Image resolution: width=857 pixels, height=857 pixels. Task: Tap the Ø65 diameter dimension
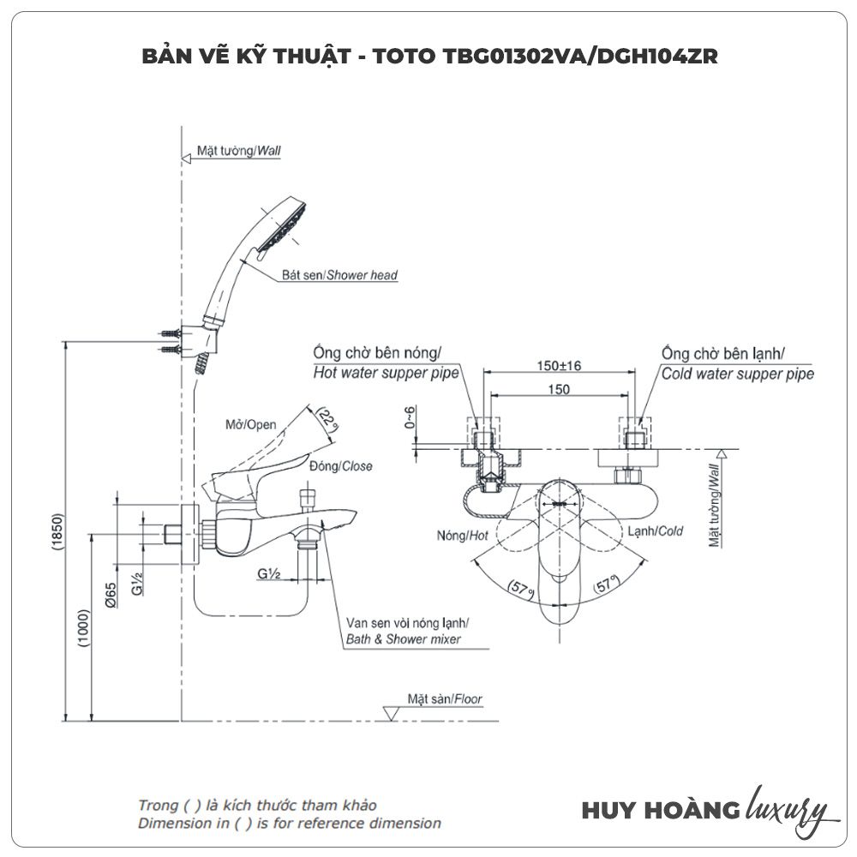[x=111, y=590]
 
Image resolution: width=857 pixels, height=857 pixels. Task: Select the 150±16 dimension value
[x=559, y=365]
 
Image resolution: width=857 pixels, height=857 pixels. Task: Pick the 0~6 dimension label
[x=411, y=417]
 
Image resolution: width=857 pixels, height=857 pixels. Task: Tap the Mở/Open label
[x=250, y=424]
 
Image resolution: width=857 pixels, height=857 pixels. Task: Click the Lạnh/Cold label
[x=655, y=531]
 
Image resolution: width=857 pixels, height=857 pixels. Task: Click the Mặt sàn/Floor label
[x=445, y=699]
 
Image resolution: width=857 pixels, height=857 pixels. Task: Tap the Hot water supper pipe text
[x=385, y=374]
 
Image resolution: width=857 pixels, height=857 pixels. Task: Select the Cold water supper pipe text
[x=737, y=374]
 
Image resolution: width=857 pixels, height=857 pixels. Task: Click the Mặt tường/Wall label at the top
[x=238, y=150]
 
